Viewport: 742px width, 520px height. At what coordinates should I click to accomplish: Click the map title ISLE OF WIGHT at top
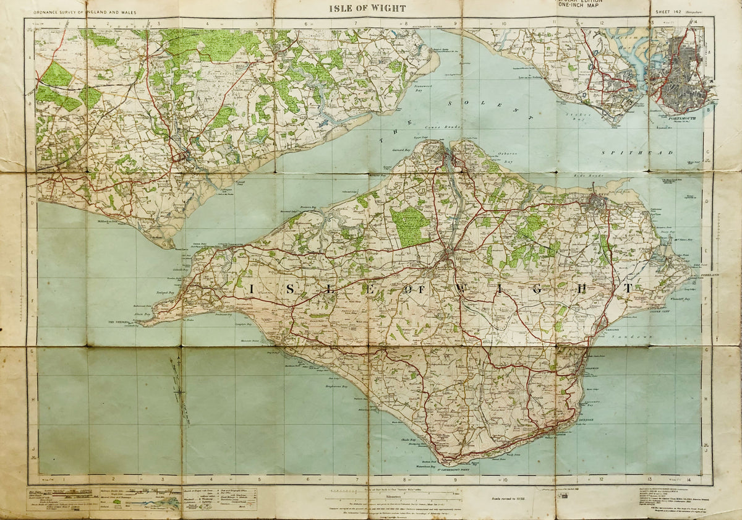(367, 8)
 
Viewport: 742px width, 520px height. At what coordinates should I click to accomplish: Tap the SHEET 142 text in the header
(665, 11)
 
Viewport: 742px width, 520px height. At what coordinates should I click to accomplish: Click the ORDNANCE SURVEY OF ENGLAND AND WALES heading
(81, 12)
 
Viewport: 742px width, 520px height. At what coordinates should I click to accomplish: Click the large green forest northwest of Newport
(409, 226)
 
